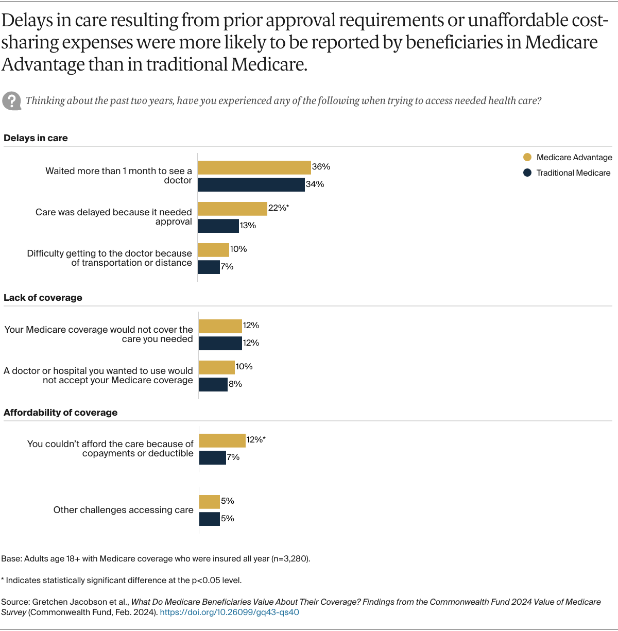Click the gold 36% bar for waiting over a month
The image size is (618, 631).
[x=254, y=167]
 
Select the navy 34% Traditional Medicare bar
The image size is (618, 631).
[x=251, y=184]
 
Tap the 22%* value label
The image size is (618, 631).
[x=279, y=208]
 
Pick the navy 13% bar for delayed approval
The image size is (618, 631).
[x=218, y=226]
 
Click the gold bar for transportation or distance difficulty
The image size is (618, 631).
[x=213, y=250]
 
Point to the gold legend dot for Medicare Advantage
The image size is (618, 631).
[x=527, y=158]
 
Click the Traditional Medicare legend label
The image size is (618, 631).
[x=573, y=173]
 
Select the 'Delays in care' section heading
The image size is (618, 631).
[x=36, y=138]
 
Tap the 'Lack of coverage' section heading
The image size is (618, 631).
[x=43, y=298]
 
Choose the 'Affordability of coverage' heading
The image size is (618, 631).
[x=60, y=413]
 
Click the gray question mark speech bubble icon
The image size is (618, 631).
[x=11, y=101]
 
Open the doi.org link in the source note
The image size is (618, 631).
[x=229, y=612]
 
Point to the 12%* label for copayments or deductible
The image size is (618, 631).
[x=256, y=440]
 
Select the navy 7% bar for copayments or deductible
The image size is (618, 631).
[x=212, y=457]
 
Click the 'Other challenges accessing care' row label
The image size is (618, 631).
[x=123, y=510]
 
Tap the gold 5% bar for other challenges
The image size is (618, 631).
[x=209, y=502]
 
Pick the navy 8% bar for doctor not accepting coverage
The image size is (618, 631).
[x=213, y=384]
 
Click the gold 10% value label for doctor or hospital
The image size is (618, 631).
[x=244, y=367]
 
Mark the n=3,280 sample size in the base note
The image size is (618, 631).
[x=290, y=559]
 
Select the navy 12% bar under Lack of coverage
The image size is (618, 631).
[x=220, y=343]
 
